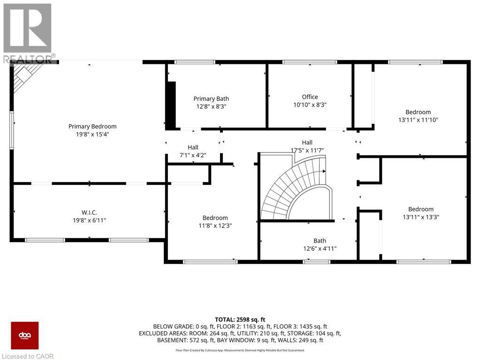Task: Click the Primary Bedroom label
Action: pyautogui.click(x=92, y=126)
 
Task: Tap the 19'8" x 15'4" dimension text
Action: pyautogui.click(x=92, y=134)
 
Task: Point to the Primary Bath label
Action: pyautogui.click(x=211, y=99)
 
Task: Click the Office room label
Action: pyautogui.click(x=310, y=97)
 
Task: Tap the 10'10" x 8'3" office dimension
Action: pyautogui.click(x=310, y=105)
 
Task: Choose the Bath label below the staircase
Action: pyautogui.click(x=320, y=241)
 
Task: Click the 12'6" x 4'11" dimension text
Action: pyautogui.click(x=320, y=248)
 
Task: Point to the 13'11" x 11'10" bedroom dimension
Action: pyautogui.click(x=418, y=120)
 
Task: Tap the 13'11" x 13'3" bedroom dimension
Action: pyautogui.click(x=420, y=217)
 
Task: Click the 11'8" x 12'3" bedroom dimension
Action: pyautogui.click(x=215, y=225)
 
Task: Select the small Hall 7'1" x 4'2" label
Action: pyautogui.click(x=193, y=147)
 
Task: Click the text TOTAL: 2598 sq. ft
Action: pyautogui.click(x=240, y=318)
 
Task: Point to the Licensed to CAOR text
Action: pyautogui.click(x=28, y=356)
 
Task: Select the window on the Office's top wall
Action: pyautogui.click(x=310, y=62)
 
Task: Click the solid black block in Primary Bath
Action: pyautogui.click(x=171, y=104)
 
